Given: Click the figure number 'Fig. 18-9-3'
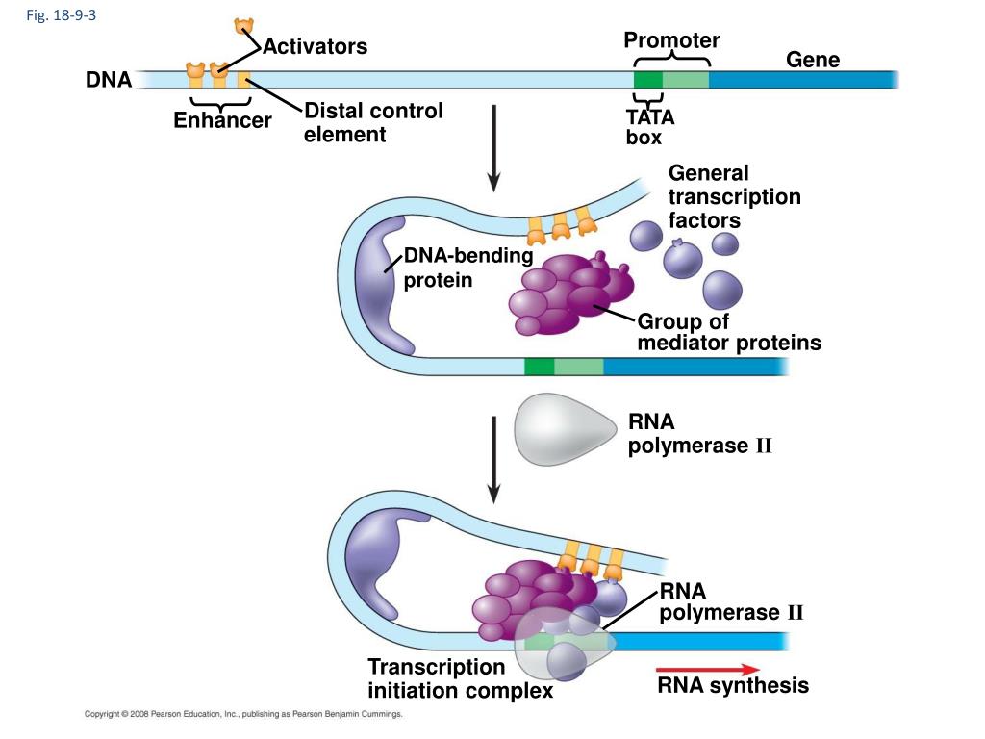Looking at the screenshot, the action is pyautogui.click(x=61, y=15).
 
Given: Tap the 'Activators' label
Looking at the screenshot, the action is pyautogui.click(x=315, y=46).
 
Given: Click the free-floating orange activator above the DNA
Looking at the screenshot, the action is pyautogui.click(x=243, y=26).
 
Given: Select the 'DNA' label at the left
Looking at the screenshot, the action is pyautogui.click(x=109, y=80).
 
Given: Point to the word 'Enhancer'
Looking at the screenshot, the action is pyautogui.click(x=222, y=120).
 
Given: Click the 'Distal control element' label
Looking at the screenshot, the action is pyautogui.click(x=374, y=122).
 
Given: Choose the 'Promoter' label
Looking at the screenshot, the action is pyautogui.click(x=671, y=39).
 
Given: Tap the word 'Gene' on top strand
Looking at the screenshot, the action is pyautogui.click(x=813, y=59).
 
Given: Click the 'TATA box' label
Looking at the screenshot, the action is pyautogui.click(x=649, y=127).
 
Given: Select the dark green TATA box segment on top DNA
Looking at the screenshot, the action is pyautogui.click(x=647, y=80).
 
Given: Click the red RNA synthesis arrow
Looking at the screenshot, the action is pyautogui.click(x=707, y=670).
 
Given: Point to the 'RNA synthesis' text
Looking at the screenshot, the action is pyautogui.click(x=733, y=685).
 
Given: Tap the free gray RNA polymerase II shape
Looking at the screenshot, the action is pyautogui.click(x=565, y=429).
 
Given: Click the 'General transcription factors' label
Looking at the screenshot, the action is pyautogui.click(x=734, y=196).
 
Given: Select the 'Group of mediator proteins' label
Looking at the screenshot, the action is pyautogui.click(x=729, y=332).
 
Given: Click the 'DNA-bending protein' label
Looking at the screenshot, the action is pyautogui.click(x=468, y=268).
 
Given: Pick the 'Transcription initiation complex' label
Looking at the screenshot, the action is pyautogui.click(x=461, y=678).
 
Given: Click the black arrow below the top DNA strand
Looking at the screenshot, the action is pyautogui.click(x=493, y=147).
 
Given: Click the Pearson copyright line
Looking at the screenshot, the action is pyautogui.click(x=243, y=714).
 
